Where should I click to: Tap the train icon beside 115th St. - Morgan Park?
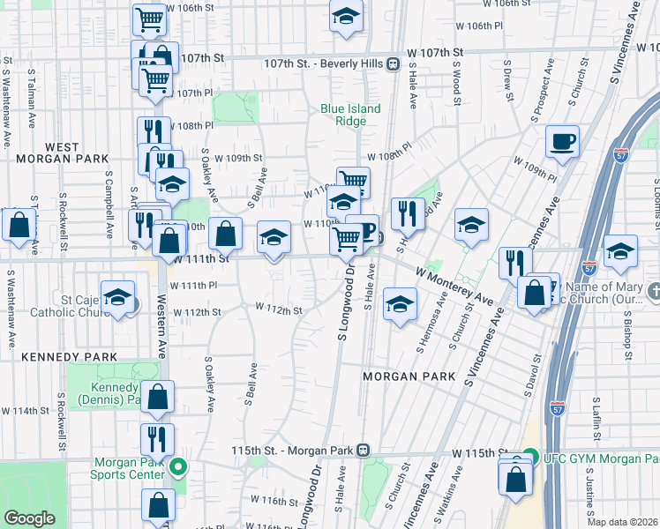tap(363, 450)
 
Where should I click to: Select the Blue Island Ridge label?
tap(350, 115)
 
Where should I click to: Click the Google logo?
tap(29, 518)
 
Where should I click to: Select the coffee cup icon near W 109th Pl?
tap(562, 141)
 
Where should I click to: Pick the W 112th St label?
tap(280, 310)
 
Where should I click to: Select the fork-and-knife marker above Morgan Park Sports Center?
tap(157, 437)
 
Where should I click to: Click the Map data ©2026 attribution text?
tap(622, 521)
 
